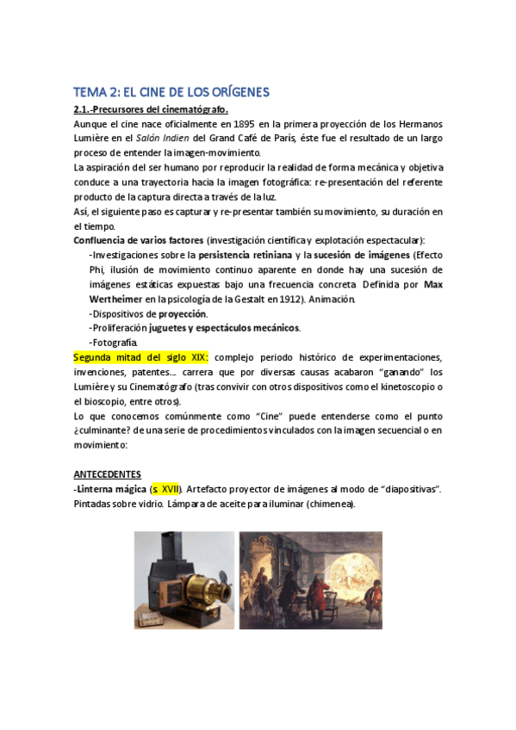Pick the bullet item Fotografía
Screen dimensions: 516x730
pos(115,343)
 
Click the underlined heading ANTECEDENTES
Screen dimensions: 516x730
pos(107,474)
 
